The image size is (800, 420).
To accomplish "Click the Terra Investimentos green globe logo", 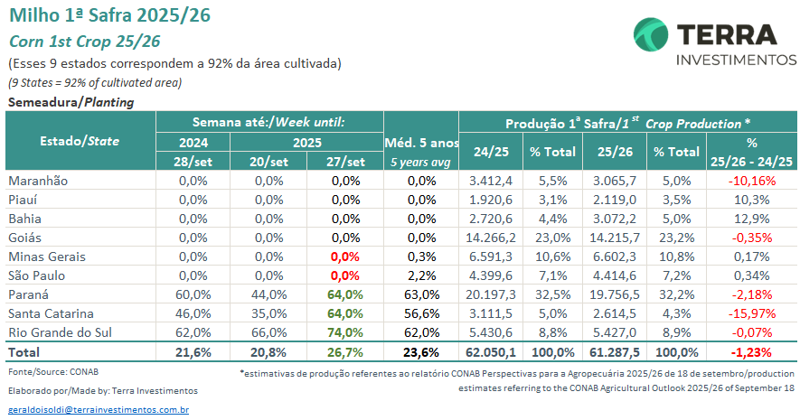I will tap(650, 36).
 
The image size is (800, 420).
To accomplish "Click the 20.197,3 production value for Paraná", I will tap(492, 294).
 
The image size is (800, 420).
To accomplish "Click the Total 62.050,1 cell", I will tap(492, 351).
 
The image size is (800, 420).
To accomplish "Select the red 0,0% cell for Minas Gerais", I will tap(346, 257).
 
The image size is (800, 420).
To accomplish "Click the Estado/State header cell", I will tap(80, 141).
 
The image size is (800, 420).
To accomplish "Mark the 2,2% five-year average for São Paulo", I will tap(421, 275).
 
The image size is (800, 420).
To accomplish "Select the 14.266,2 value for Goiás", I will tap(492, 238).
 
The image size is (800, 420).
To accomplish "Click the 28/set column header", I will tap(193, 162).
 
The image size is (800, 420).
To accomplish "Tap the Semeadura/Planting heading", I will tap(71, 102).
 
